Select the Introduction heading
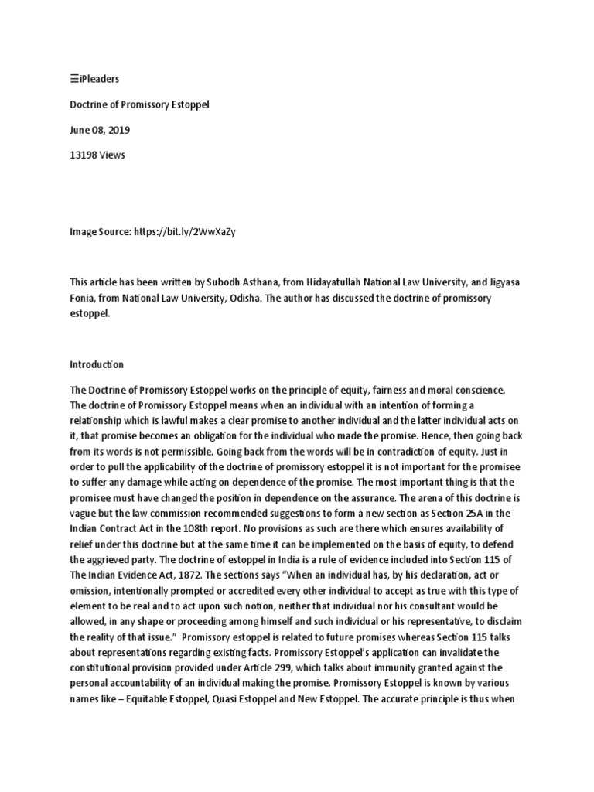pos(97,364)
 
